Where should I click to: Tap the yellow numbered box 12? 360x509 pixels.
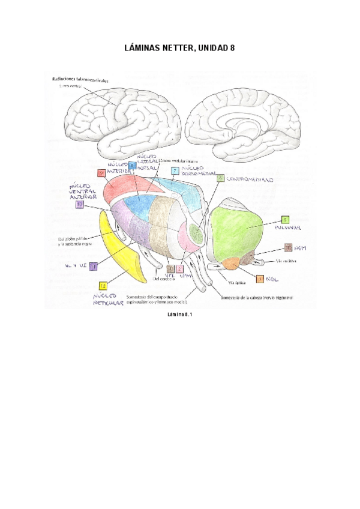click(103, 286)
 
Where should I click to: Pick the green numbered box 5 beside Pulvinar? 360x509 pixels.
click(285, 220)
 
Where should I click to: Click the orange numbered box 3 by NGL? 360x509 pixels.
click(259, 279)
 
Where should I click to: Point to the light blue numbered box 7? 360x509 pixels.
click(175, 171)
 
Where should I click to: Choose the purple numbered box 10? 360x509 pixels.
click(80, 205)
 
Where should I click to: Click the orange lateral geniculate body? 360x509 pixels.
click(230, 262)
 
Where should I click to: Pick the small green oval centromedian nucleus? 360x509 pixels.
click(196, 232)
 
